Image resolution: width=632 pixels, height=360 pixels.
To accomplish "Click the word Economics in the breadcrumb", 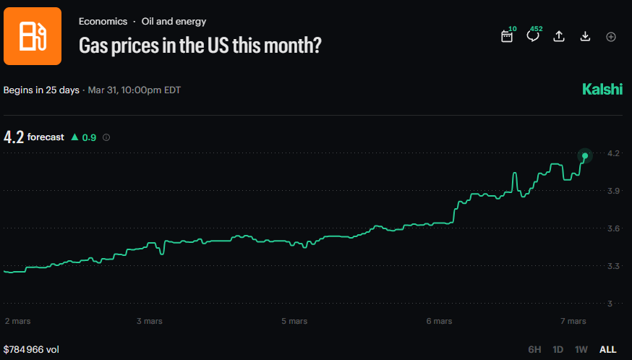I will (x=103, y=22).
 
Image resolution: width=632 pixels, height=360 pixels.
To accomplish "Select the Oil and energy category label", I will (x=174, y=22).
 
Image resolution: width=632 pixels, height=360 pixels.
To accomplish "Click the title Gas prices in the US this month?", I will (x=200, y=45).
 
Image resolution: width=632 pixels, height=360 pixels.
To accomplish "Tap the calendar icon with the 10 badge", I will (x=507, y=36).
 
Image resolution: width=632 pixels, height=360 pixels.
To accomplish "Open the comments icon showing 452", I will (x=533, y=36).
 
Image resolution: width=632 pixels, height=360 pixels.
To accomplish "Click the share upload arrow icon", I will (x=559, y=36).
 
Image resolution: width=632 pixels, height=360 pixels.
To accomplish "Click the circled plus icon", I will (x=611, y=36).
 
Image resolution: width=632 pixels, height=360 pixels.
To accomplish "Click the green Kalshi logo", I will (x=602, y=90).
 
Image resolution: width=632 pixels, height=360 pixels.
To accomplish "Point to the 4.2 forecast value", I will (x=14, y=137).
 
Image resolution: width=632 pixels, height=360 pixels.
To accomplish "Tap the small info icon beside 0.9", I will (x=106, y=137).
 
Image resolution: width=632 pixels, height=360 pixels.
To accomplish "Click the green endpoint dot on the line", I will (x=585, y=155).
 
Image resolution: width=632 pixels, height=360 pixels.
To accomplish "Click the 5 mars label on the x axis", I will (x=294, y=320).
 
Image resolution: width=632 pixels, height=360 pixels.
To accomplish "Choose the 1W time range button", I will (x=581, y=349).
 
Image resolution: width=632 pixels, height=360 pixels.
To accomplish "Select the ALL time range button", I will (x=608, y=349).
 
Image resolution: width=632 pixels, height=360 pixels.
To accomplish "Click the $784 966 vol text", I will (x=31, y=349).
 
